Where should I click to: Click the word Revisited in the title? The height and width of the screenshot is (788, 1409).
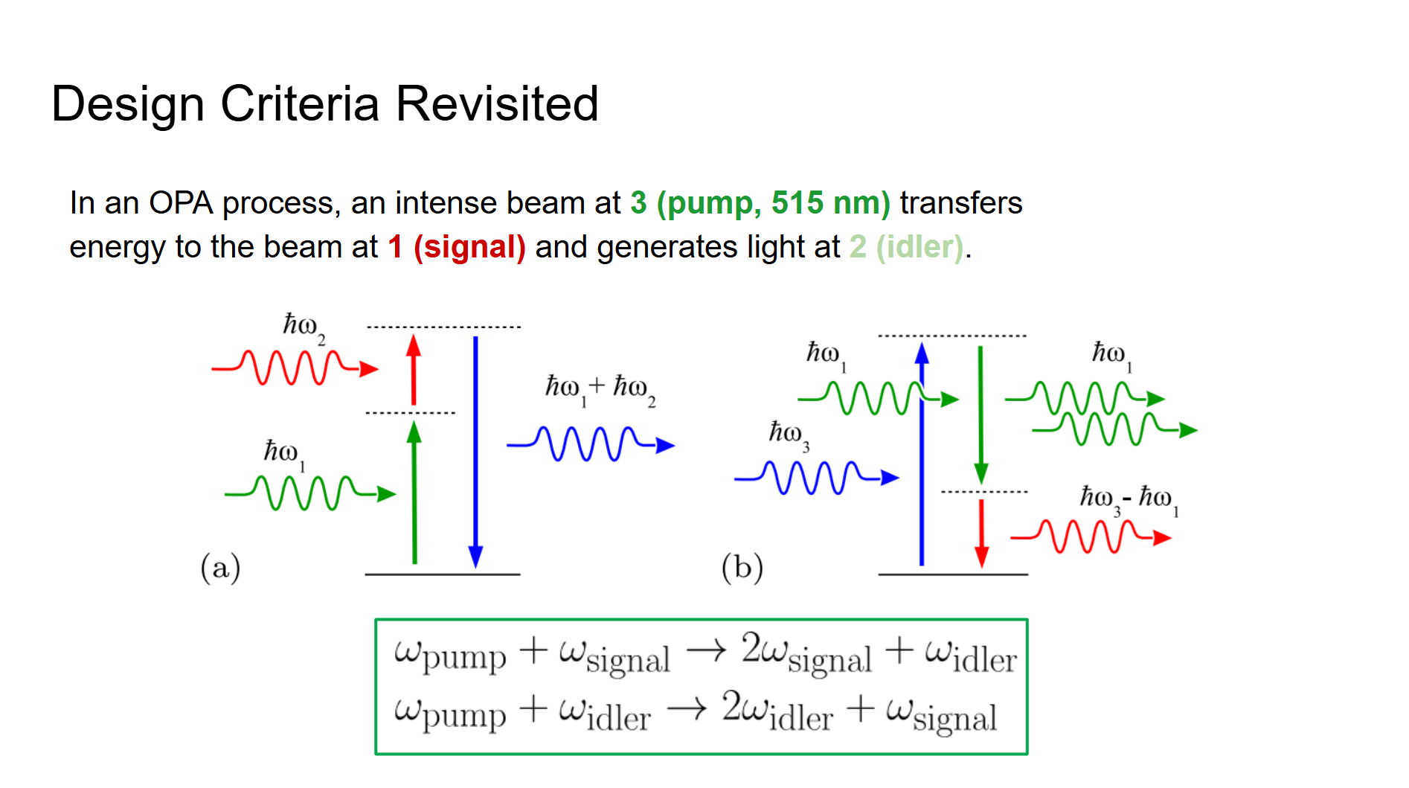[x=497, y=103]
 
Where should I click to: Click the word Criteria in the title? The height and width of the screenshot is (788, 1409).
[x=300, y=103]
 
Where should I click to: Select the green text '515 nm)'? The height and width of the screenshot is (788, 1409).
[x=830, y=202]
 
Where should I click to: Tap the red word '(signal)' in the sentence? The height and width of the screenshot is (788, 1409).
[x=469, y=247]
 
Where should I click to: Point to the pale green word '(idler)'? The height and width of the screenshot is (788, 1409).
[x=919, y=247]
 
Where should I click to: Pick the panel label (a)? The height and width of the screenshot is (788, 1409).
[x=220, y=568]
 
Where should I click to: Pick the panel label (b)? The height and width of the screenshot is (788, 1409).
[x=742, y=568]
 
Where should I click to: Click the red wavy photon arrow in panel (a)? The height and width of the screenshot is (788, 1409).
[x=295, y=367]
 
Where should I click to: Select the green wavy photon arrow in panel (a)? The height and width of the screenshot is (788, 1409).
[x=310, y=493]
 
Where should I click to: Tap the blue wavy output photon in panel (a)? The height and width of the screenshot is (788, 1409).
[x=591, y=445]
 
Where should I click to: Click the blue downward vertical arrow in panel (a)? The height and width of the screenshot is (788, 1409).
[x=475, y=452]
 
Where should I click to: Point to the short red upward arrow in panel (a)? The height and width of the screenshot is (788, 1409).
[x=414, y=370]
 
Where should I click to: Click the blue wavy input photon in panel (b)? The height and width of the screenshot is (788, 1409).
[x=817, y=478]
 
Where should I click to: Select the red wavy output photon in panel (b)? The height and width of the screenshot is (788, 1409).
[x=1091, y=536]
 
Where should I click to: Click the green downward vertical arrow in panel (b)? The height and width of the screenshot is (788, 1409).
[x=980, y=415]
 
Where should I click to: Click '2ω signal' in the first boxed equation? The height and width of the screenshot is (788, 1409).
[x=806, y=653]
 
